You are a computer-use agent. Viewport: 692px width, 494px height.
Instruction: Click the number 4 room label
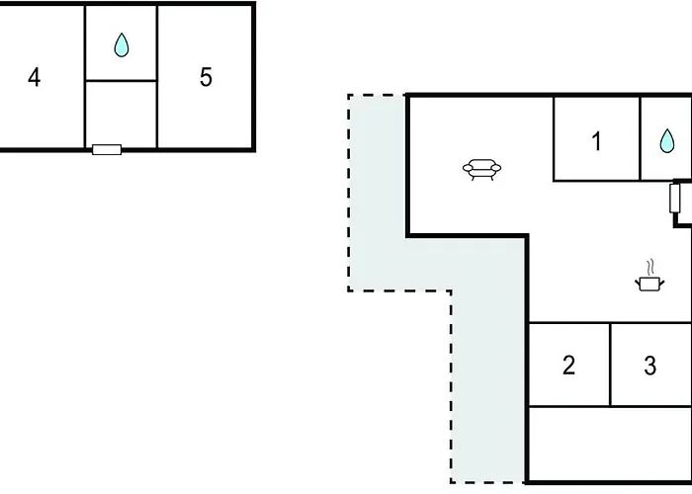point(34,77)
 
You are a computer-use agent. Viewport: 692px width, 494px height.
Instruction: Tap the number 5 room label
point(206,77)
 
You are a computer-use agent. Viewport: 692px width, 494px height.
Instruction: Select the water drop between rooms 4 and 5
point(122,45)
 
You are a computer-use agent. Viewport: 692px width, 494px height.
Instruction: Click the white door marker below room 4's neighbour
point(107,149)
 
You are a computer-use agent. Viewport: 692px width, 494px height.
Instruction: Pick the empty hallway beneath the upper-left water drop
point(121,114)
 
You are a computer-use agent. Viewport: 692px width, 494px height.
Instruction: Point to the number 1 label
point(596,141)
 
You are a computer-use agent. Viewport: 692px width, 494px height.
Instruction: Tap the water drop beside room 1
point(667,140)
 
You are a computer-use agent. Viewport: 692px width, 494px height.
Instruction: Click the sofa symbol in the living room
point(482,169)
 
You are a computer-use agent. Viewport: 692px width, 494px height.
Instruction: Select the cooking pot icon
point(649,284)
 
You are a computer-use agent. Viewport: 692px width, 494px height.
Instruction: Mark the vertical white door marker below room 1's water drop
point(674,199)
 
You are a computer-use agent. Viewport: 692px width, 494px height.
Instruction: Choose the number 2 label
point(569,365)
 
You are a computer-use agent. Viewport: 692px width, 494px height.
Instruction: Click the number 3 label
point(650,366)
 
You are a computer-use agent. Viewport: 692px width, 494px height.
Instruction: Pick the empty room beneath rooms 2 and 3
point(610,444)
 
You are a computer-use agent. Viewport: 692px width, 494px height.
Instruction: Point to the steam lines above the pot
point(649,267)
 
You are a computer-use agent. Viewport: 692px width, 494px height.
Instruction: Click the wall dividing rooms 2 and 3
point(610,365)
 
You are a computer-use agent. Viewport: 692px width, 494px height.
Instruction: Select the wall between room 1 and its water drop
point(640,139)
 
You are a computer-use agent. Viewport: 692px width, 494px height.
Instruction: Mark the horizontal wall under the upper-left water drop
point(121,81)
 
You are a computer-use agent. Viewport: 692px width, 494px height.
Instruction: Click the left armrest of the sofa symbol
point(468,168)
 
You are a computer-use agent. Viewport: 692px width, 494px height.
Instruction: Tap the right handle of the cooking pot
point(661,283)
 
